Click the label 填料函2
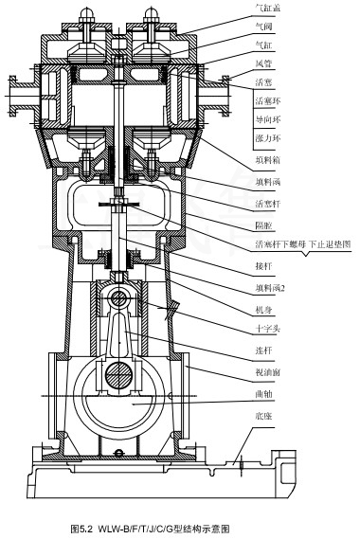coord(271,290)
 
